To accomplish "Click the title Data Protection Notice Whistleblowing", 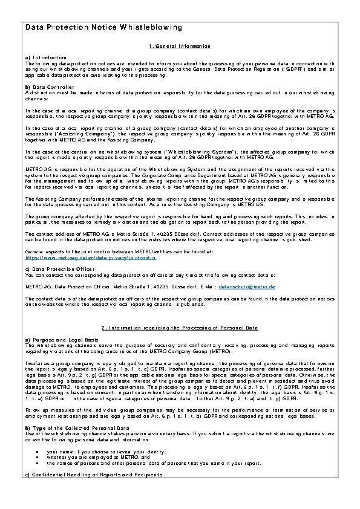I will click(x=103, y=28).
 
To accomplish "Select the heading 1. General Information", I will click(x=179, y=47).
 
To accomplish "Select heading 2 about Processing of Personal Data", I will click(x=179, y=328).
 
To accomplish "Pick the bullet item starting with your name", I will click(x=109, y=451).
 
